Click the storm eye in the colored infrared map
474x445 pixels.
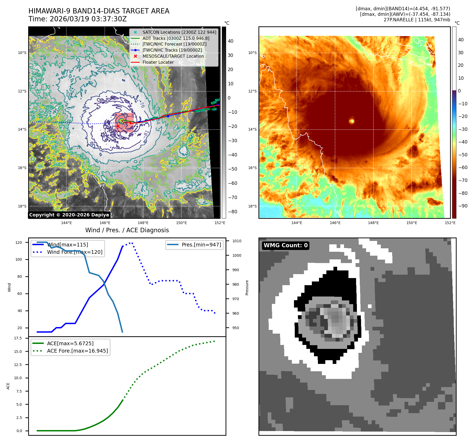point(352,121)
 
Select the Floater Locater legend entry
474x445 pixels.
point(158,62)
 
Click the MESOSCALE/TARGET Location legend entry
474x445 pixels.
point(173,56)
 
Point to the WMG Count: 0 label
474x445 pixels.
point(286,245)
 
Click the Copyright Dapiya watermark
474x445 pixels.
point(69,215)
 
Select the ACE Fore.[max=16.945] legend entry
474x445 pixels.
point(77,351)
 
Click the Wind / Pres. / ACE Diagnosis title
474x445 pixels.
point(127,230)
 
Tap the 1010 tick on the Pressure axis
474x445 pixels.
point(237,241)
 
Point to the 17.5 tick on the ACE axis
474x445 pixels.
point(18,338)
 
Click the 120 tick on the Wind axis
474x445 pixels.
point(19,243)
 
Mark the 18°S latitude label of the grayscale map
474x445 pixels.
point(22,206)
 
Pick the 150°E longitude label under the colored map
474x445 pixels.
point(412,223)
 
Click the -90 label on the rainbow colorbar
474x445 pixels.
point(463,206)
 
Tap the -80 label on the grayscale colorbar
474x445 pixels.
point(232,212)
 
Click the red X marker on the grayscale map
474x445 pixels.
point(118,126)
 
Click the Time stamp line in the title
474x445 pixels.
point(78,19)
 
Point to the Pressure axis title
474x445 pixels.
point(247,288)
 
